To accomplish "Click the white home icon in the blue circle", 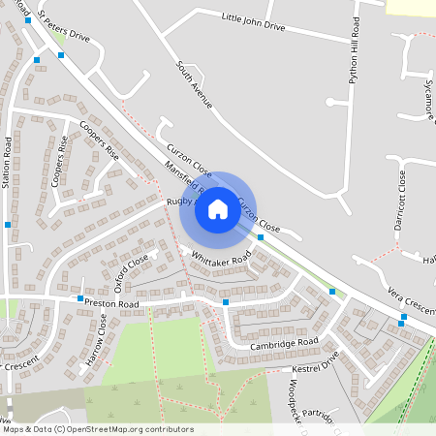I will tap(217, 208).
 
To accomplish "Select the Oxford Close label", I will tap(132, 270).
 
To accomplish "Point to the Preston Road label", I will tap(112, 304).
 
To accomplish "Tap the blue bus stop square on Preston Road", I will tap(225, 302).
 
